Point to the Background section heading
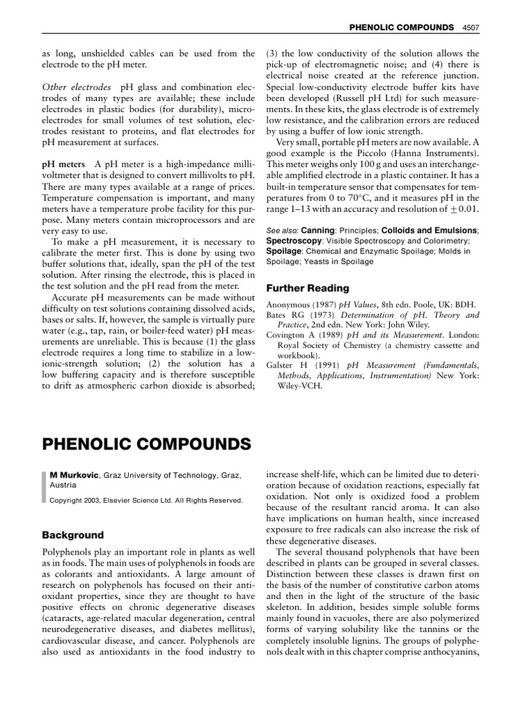coord(73,535)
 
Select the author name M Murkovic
coord(76,475)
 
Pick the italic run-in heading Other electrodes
coord(76,88)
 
